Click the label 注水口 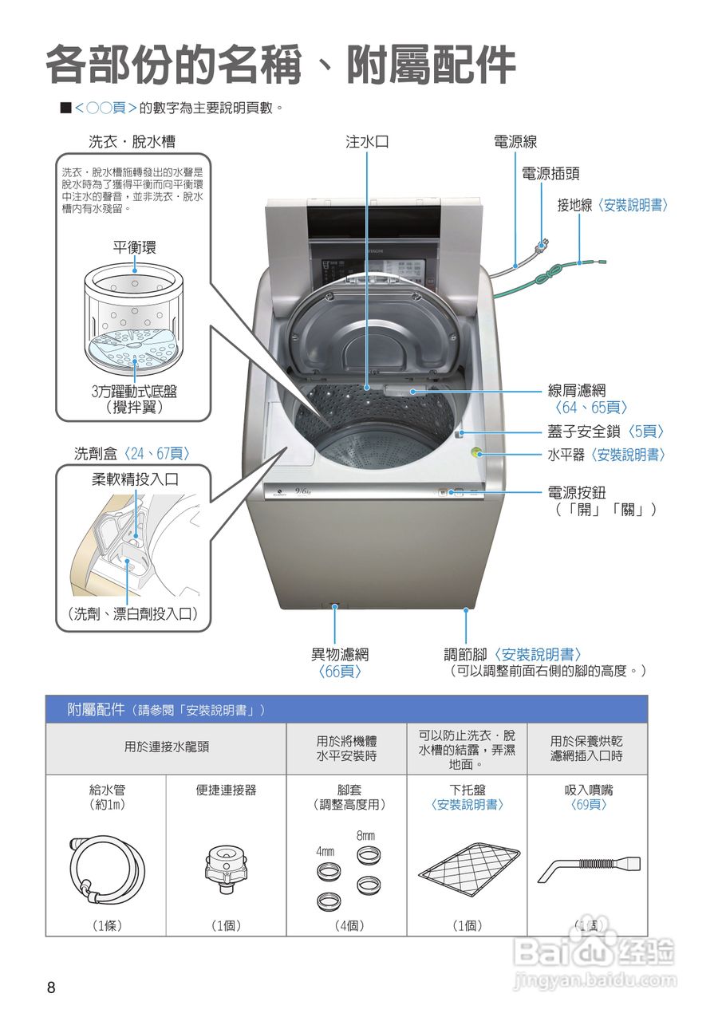click(x=367, y=142)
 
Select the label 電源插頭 click(x=550, y=173)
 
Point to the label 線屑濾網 click(x=576, y=390)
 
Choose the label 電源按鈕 click(x=576, y=493)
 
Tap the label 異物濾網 click(x=340, y=654)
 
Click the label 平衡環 click(x=134, y=247)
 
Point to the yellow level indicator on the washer click(x=476, y=453)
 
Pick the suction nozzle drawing click(x=588, y=866)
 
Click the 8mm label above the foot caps click(x=365, y=835)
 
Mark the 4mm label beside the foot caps click(x=325, y=851)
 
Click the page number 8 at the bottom click(x=52, y=987)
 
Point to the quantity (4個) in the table click(x=347, y=925)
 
